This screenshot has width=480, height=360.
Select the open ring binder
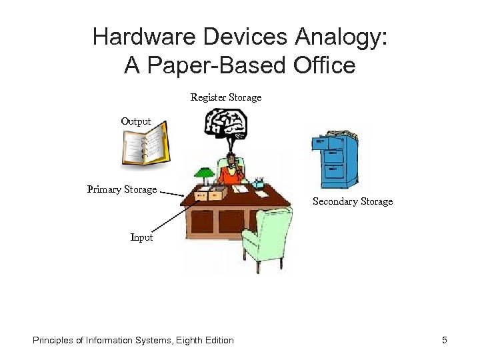click(x=145, y=147)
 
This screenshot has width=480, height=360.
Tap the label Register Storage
click(x=226, y=97)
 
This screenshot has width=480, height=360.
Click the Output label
click(x=136, y=121)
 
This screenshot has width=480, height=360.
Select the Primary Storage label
click(x=122, y=189)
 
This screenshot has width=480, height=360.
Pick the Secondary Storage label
click(x=353, y=201)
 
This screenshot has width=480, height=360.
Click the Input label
click(x=141, y=237)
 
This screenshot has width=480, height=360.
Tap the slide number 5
click(x=444, y=341)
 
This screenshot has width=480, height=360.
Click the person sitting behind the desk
click(x=231, y=170)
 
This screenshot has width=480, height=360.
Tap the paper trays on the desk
click(x=210, y=193)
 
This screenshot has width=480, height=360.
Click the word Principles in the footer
click(x=53, y=341)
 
